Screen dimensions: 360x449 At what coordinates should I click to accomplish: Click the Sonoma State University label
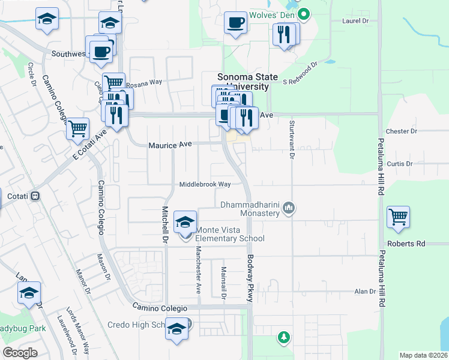(247, 82)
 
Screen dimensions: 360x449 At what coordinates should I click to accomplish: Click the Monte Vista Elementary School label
(231, 234)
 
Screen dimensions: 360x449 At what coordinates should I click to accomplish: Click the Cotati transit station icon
(35, 196)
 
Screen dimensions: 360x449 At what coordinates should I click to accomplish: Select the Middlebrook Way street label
(205, 185)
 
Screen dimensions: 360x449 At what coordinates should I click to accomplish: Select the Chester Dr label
(402, 131)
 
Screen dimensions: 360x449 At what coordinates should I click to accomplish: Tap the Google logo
(20, 353)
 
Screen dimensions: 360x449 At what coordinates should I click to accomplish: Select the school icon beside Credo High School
(176, 329)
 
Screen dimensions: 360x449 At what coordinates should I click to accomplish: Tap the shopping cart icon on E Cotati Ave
(77, 128)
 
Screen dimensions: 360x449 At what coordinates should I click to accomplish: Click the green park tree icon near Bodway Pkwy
(283, 338)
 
